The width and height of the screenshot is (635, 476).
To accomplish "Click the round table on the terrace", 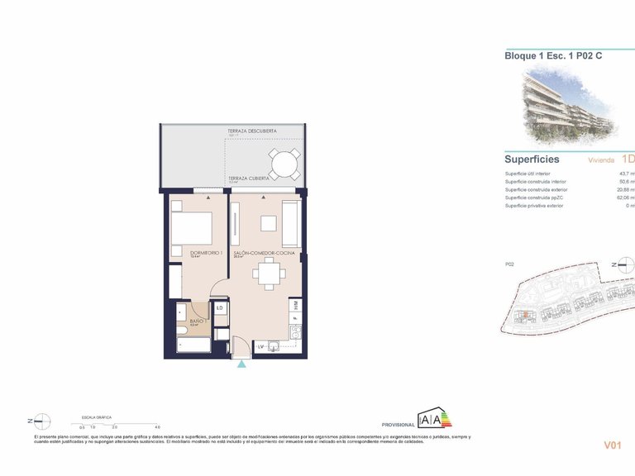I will pyautogui.click(x=284, y=164).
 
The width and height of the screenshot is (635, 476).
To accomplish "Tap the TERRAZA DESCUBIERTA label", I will pyautogui.click(x=252, y=131).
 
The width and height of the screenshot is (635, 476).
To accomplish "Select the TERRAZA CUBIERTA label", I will pyautogui.click(x=247, y=178).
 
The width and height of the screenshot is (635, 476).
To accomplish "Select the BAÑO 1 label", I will pyautogui.click(x=198, y=321).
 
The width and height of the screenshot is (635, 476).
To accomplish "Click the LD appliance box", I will pyautogui.click(x=220, y=308).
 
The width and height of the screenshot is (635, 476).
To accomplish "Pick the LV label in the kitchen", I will pyautogui.click(x=260, y=345).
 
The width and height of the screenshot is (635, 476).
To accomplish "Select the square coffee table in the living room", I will pyautogui.click(x=268, y=223).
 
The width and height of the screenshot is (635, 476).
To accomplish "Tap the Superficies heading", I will pyautogui.click(x=532, y=159).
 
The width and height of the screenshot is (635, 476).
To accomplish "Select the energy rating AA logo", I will pyautogui.click(x=434, y=419).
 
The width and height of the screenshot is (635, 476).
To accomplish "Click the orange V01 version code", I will pyautogui.click(x=612, y=445).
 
